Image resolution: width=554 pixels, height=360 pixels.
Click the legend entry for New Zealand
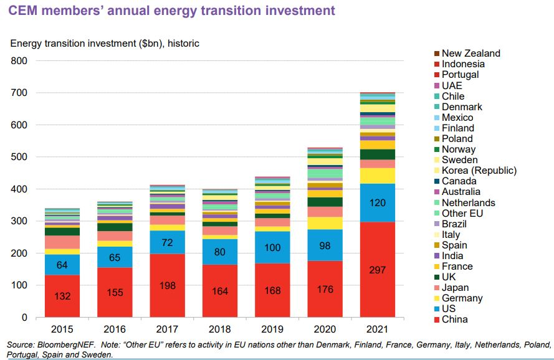click(x=470, y=54)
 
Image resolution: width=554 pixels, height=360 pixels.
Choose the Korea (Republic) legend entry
click(x=479, y=171)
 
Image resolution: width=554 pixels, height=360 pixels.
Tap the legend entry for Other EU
click(x=462, y=213)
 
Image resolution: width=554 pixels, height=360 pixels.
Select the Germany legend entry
click(x=462, y=298)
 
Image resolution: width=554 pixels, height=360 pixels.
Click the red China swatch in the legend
click(x=437, y=320)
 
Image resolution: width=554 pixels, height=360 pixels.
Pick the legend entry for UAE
click(x=452, y=85)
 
